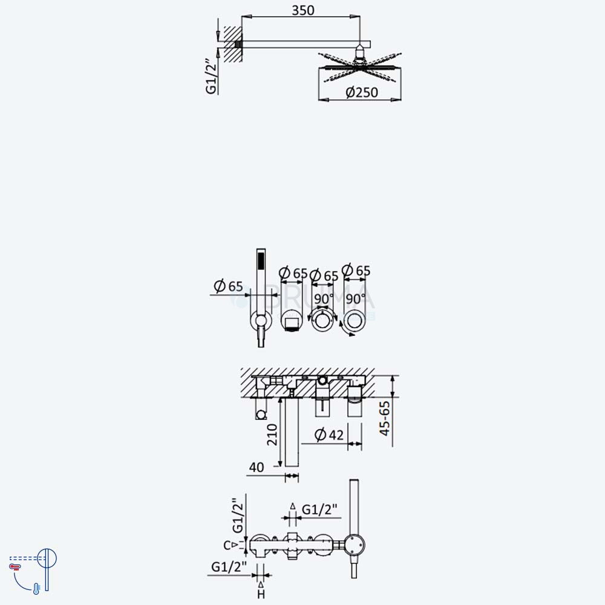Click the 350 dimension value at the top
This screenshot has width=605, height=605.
point(303,10)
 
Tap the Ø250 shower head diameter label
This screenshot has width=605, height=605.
point(362,92)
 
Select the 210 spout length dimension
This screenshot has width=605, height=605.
point(272,434)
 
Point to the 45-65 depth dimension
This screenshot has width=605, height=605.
point(385,419)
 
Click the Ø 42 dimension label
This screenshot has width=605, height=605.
point(329,435)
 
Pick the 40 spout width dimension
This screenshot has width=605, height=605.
point(256,467)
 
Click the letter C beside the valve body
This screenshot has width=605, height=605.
point(227,546)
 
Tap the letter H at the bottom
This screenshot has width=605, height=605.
point(261,594)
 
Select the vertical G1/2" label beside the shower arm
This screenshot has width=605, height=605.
point(212,76)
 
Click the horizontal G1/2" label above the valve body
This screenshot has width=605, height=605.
point(319,509)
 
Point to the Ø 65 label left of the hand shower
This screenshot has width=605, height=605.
point(228,286)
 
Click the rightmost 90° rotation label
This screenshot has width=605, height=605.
point(355,299)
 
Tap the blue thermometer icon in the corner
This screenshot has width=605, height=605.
point(36,589)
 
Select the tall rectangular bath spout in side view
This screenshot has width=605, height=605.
point(292,432)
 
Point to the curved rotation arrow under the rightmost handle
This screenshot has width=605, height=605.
point(345,330)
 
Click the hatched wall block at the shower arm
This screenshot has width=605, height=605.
point(233,44)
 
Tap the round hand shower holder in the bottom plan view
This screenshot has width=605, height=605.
point(354,545)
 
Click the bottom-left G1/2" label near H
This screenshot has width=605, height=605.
point(229,567)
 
